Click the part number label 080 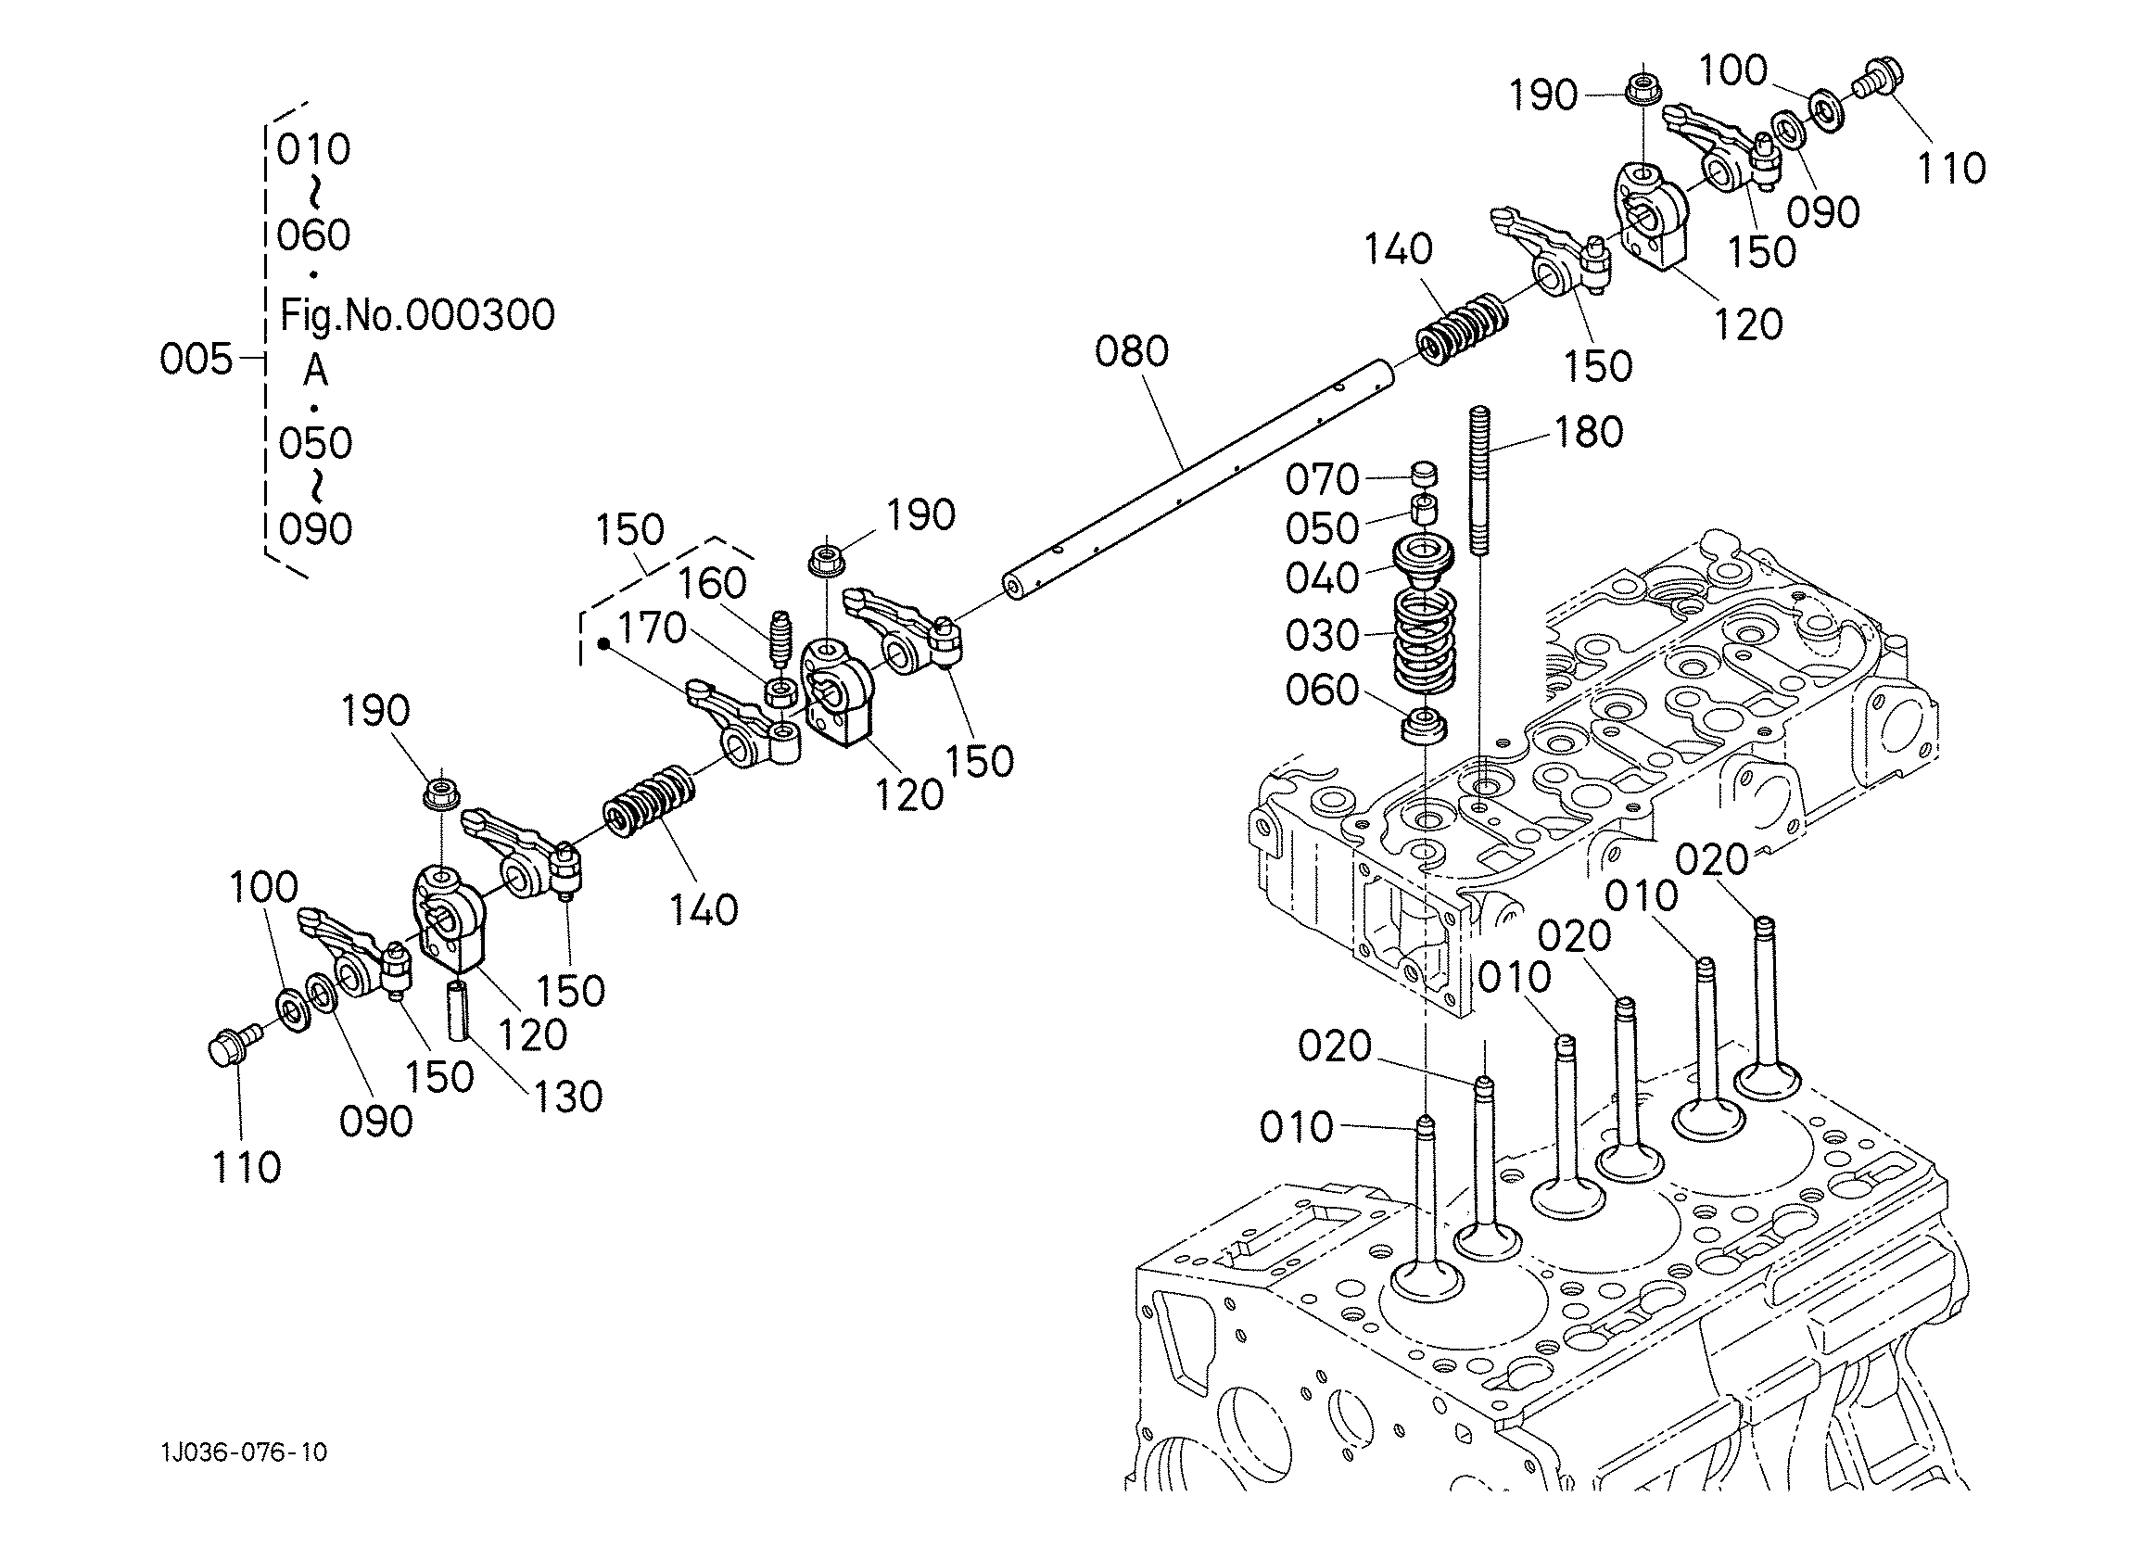[x=1131, y=351]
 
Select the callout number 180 [x=1589, y=432]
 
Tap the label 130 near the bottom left [x=566, y=1097]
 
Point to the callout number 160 [x=712, y=584]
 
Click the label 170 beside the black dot [x=651, y=628]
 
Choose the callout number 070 [x=1322, y=480]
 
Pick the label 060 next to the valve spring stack [x=1322, y=691]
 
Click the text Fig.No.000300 [x=417, y=315]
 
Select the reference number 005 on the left [x=196, y=359]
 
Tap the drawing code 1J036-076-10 [x=245, y=1452]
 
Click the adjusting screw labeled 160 [x=779, y=637]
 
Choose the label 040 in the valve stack [x=1322, y=578]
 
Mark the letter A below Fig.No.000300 [x=316, y=371]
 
